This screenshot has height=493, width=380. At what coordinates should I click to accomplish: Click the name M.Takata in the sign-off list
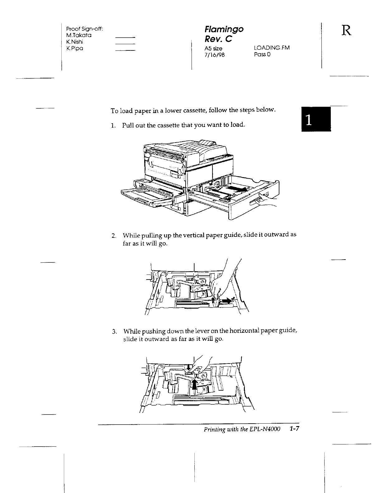click(x=77, y=35)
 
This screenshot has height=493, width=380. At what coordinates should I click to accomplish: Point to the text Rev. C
click(x=218, y=39)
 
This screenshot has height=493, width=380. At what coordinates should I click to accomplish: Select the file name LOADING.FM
click(x=272, y=48)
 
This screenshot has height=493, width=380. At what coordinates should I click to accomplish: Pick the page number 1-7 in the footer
click(x=294, y=429)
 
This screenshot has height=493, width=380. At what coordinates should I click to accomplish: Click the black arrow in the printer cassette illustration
click(x=237, y=189)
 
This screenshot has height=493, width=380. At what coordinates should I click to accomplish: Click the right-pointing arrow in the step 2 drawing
click(x=227, y=301)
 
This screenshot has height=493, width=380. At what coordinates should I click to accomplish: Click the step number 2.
click(x=114, y=235)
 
